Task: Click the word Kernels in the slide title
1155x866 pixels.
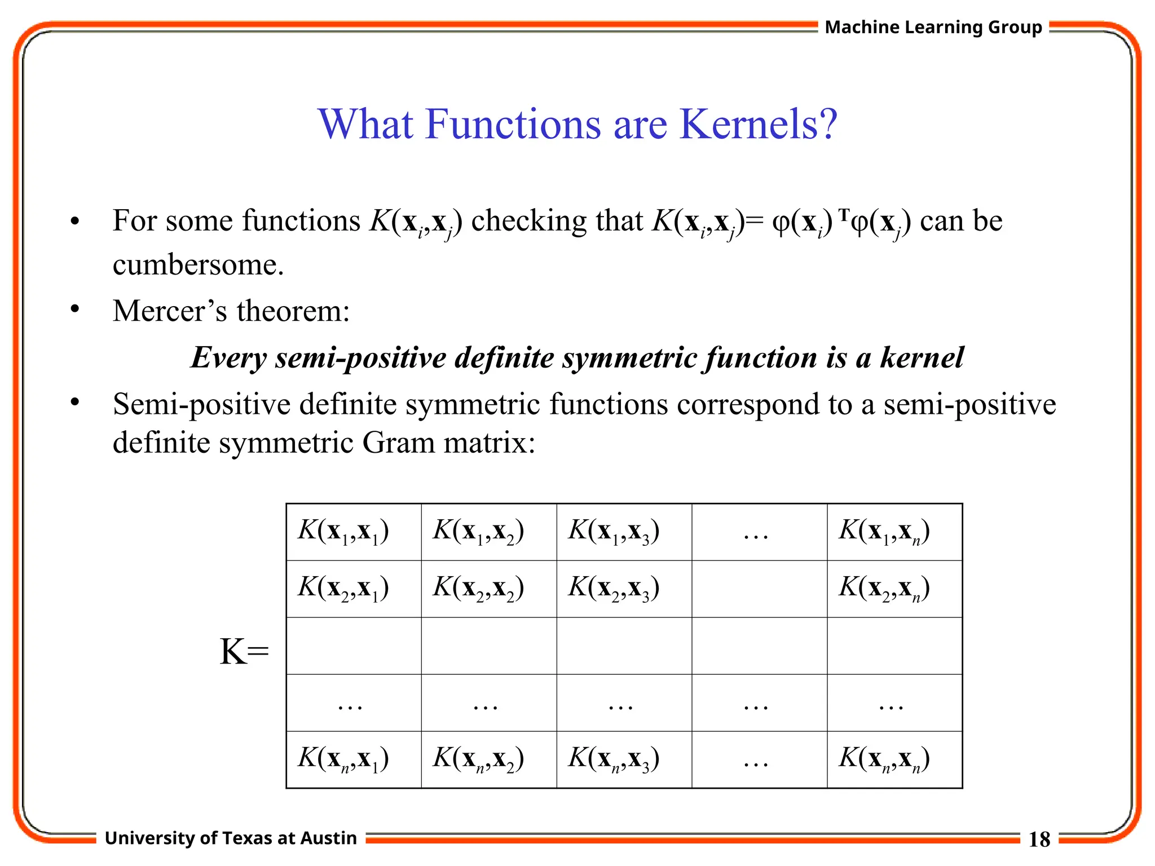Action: [x=759, y=124]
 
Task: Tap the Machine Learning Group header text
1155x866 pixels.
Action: [x=933, y=27]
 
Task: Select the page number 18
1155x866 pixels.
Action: [x=1039, y=840]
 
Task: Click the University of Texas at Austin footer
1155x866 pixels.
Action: [x=231, y=838]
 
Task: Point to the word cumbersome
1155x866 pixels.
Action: [x=198, y=265]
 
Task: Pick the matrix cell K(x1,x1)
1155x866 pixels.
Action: [x=343, y=531]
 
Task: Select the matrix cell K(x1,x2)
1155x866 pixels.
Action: [x=479, y=531]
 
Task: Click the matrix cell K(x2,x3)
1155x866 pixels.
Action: [x=614, y=588]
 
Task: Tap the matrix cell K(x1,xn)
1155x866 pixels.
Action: [x=884, y=531]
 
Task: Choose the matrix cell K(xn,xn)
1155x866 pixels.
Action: [x=884, y=759]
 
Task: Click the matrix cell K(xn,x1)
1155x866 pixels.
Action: [x=343, y=759]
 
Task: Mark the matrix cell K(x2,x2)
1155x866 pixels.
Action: [x=479, y=588]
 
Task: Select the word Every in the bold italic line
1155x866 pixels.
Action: [x=228, y=357]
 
